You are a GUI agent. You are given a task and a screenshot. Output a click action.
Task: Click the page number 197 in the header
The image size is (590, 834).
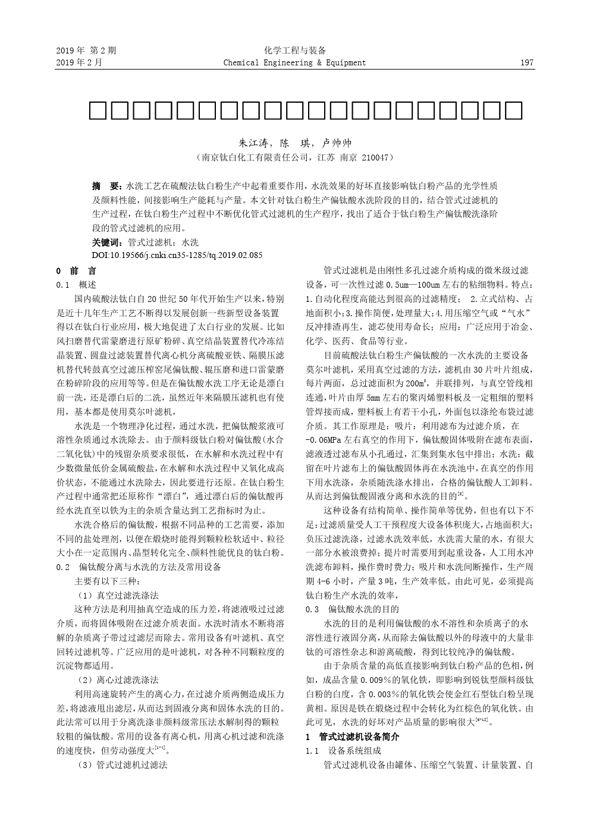pos(527,63)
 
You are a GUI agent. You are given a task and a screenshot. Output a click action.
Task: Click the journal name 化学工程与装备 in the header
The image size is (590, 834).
pos(295,51)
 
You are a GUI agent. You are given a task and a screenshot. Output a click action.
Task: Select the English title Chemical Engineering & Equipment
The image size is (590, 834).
pos(294,63)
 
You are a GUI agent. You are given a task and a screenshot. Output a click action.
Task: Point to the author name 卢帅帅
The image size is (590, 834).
pos(337,143)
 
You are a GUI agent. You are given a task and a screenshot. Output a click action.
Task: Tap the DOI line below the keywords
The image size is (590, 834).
pos(177,255)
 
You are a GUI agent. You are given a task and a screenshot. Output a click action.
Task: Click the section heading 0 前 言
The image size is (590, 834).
pos(76,270)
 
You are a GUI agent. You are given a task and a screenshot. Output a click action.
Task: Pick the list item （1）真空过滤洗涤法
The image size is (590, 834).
pos(118,595)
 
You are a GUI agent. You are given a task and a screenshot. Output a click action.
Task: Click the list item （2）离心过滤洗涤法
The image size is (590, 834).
pos(118,680)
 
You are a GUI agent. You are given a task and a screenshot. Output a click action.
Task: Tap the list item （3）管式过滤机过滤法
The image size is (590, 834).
pos(123,765)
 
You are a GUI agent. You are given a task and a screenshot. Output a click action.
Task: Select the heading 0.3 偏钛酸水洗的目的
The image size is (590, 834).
pos(352,609)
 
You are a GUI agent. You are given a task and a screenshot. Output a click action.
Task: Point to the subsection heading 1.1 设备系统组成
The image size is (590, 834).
pos(343,751)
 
